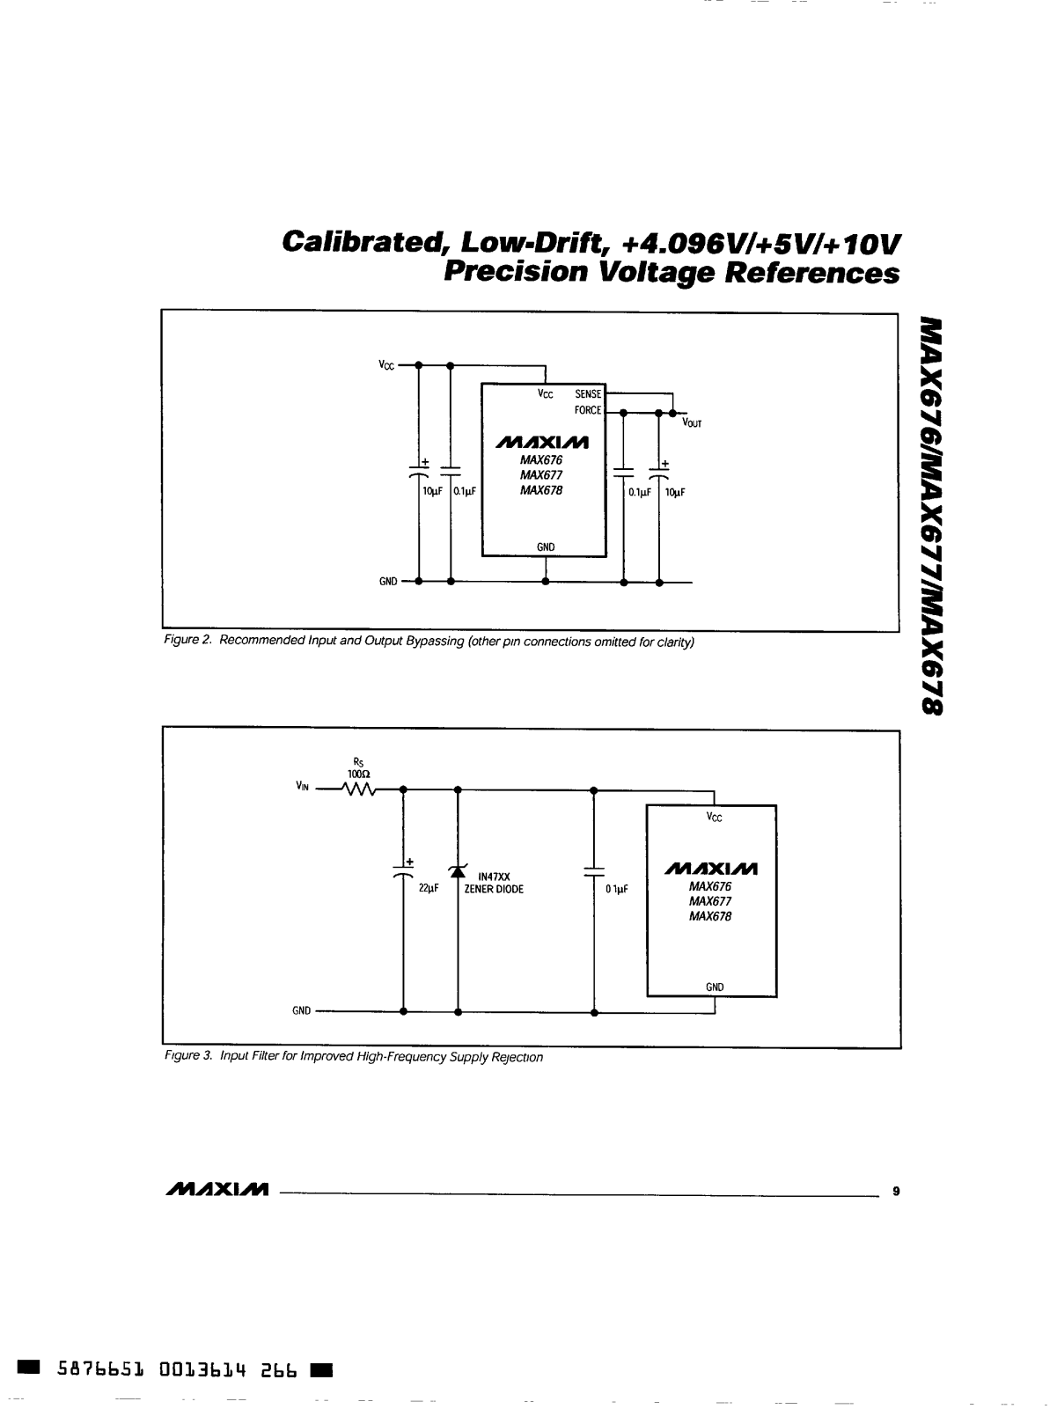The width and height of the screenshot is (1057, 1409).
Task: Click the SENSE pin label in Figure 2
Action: (x=588, y=395)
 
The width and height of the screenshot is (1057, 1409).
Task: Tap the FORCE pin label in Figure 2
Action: (x=588, y=410)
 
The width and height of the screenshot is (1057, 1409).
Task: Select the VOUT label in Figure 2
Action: (x=692, y=423)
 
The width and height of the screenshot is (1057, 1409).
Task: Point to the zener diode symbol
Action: (x=457, y=871)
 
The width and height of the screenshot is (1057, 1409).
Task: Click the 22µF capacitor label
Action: (x=429, y=889)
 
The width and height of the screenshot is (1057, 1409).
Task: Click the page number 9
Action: (x=895, y=1192)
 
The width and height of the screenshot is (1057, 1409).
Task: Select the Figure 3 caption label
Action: (x=187, y=1057)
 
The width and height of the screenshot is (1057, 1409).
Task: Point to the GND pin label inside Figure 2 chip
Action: (x=546, y=547)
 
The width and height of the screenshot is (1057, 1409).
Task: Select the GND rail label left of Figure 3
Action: (x=302, y=1011)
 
